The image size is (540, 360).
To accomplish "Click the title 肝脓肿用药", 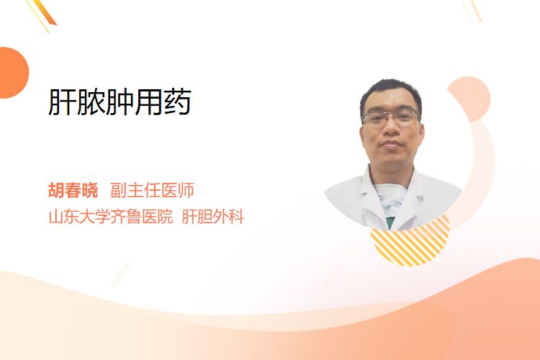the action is click(x=120, y=102).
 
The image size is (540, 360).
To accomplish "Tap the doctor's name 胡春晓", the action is click(x=73, y=190).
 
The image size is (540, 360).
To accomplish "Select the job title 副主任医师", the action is click(x=152, y=190).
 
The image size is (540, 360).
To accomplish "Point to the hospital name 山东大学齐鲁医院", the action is click(x=111, y=217).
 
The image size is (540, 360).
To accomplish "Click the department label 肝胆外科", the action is click(x=213, y=217).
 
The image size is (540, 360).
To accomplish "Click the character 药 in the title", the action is click(x=178, y=102).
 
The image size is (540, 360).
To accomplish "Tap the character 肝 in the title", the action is click(x=62, y=102).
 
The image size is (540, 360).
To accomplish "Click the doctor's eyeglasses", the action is click(x=391, y=117).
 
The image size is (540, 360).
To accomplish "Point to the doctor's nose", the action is click(x=391, y=127).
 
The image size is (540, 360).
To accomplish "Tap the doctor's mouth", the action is click(x=391, y=143).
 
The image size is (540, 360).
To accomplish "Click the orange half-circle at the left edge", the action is click(x=13, y=73).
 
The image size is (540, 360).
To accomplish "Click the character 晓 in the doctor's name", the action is click(x=90, y=190).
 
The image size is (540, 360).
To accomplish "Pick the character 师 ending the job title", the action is click(x=186, y=190).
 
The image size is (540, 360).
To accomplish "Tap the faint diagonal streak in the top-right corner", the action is click(x=472, y=10).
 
